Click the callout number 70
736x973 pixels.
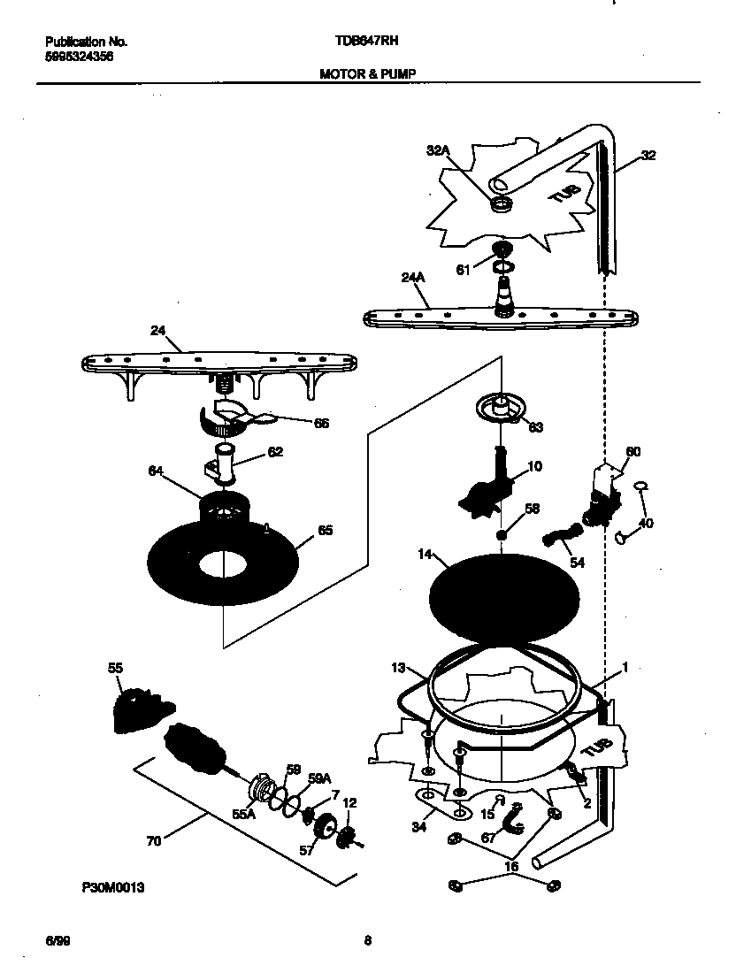[154, 841]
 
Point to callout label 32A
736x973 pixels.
[439, 151]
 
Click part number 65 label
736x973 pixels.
[325, 532]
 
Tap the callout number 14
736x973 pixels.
[425, 555]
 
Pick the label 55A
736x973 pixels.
[243, 815]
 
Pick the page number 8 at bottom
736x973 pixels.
[367, 941]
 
